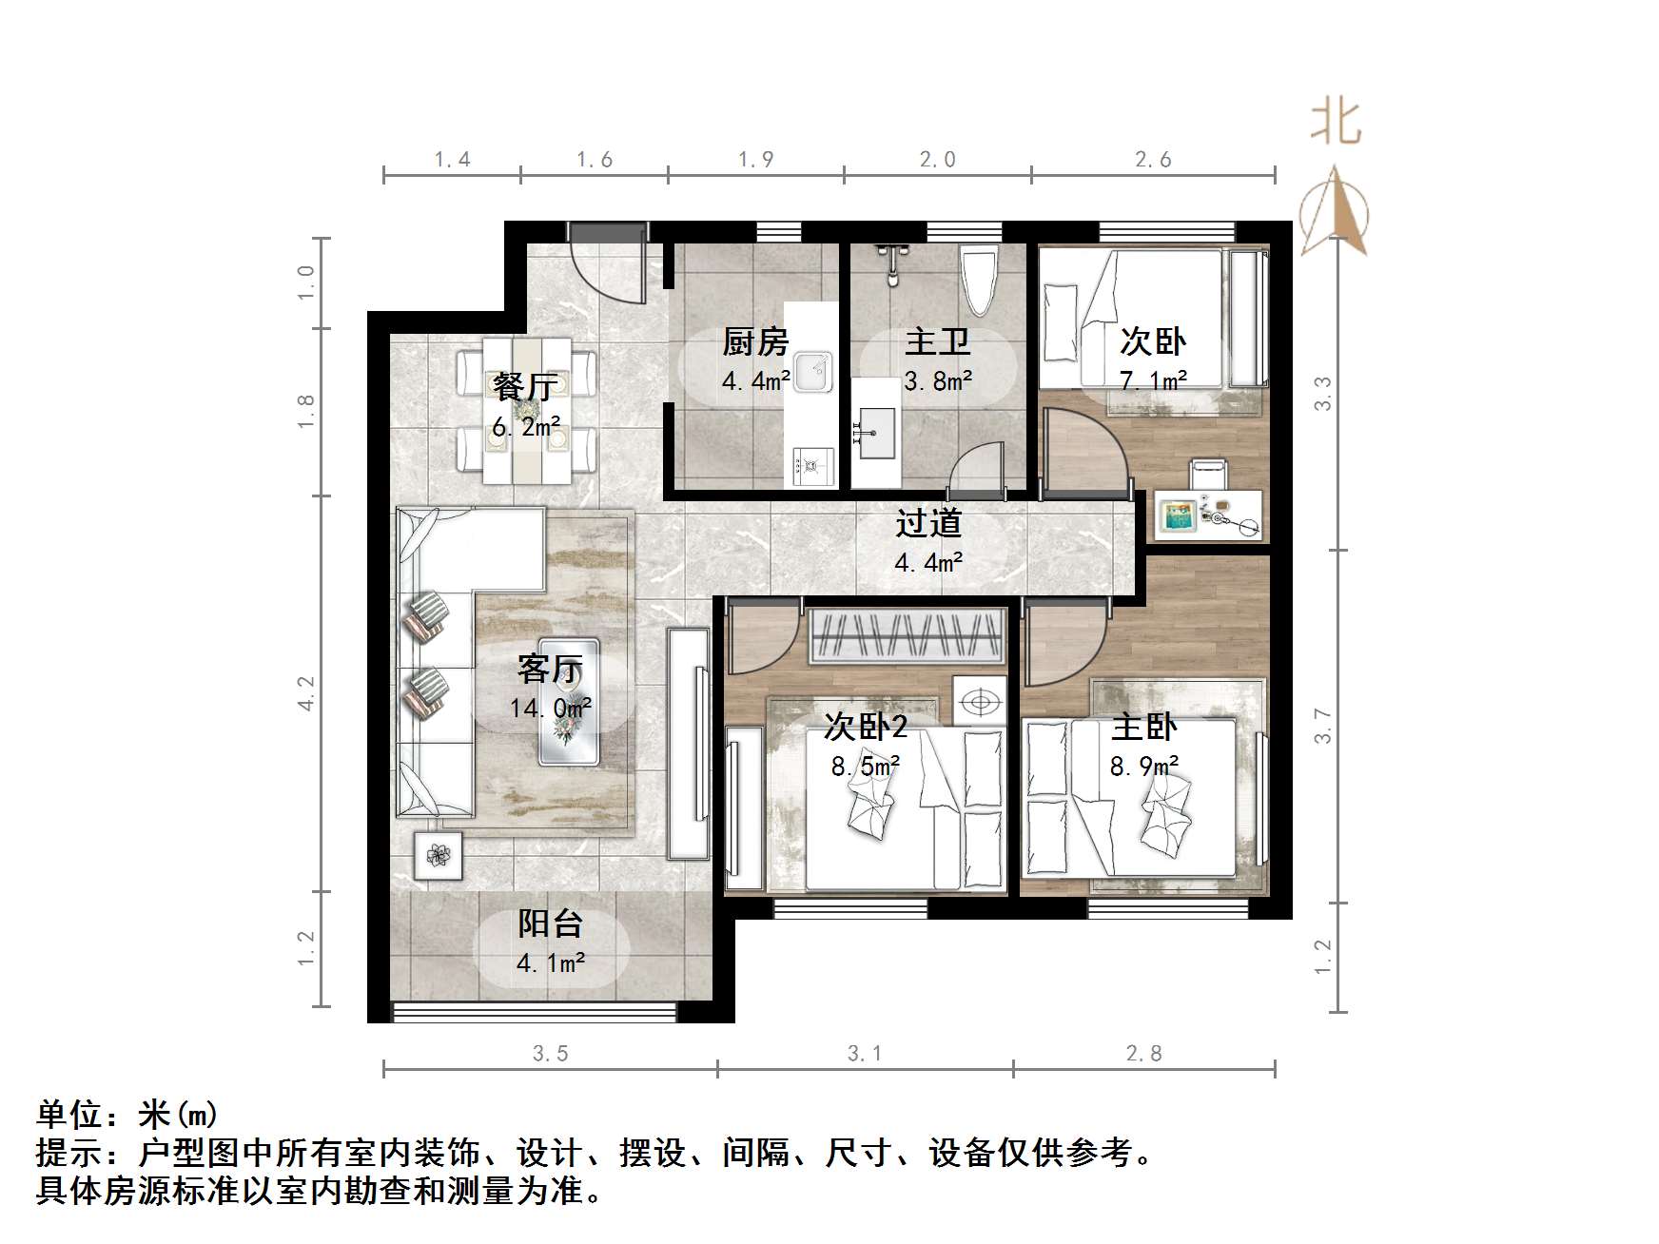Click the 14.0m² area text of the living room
tap(550, 708)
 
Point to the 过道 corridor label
tap(928, 523)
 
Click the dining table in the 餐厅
tap(526, 409)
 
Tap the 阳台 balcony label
tap(550, 923)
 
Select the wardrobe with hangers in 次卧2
tap(908, 634)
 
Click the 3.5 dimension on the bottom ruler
tap(550, 1053)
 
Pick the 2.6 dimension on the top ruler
tap(1153, 160)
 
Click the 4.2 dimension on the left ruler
tap(305, 693)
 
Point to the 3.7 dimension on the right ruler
tap(1323, 726)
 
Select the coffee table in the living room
tap(569, 701)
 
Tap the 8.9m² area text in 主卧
tap(1144, 765)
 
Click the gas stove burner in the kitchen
tap(810, 466)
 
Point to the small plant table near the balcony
tap(438, 854)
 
